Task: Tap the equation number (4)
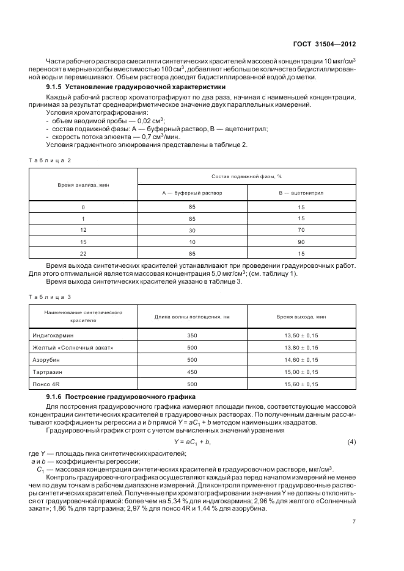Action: [x=352, y=441]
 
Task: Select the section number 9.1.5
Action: [x=49, y=87]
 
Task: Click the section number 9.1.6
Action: [x=49, y=397]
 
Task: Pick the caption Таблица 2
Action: [x=50, y=160]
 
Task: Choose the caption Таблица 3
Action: [x=50, y=296]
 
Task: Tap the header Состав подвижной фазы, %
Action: [x=246, y=176]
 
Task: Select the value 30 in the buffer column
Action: [x=192, y=229]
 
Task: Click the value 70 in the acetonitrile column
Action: [x=301, y=229]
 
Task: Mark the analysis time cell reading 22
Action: [x=83, y=253]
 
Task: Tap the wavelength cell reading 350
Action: [x=192, y=335]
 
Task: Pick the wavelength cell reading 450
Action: [x=192, y=372]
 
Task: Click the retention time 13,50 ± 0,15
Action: [x=301, y=335]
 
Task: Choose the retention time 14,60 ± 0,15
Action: [x=301, y=359]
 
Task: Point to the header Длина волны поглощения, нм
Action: [x=192, y=316]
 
